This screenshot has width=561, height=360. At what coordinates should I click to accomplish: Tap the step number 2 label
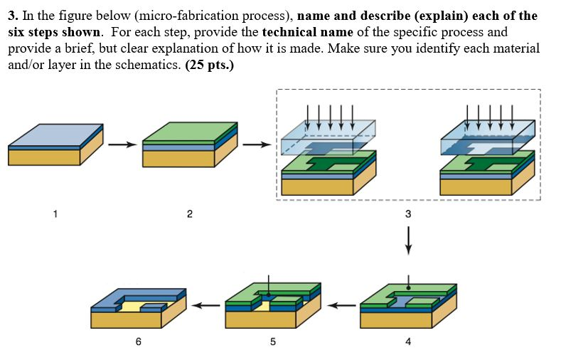[x=189, y=213]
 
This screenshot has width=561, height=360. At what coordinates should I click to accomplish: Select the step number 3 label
[x=407, y=213]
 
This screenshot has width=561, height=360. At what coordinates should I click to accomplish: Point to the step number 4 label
[x=407, y=342]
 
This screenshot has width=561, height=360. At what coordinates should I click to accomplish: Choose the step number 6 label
[x=138, y=342]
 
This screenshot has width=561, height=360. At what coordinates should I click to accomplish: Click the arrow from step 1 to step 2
[x=122, y=145]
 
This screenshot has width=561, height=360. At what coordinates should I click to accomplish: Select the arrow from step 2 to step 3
[x=256, y=145]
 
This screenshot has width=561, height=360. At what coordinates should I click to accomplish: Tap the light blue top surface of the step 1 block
[x=54, y=133]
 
